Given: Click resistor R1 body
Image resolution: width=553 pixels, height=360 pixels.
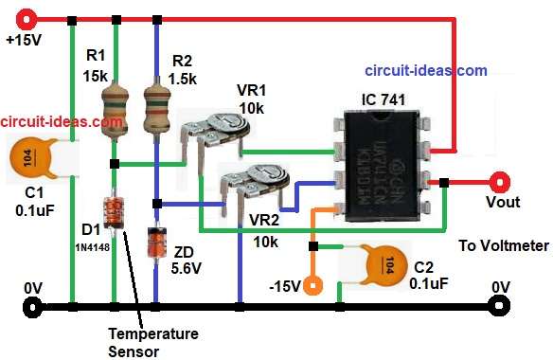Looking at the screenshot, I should (x=115, y=107).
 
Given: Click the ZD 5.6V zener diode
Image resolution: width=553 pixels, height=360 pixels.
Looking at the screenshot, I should (x=155, y=243).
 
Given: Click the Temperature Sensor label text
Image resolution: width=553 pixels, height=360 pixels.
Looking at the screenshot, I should (x=152, y=342).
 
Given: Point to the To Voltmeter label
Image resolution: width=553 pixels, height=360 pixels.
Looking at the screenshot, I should (x=503, y=245).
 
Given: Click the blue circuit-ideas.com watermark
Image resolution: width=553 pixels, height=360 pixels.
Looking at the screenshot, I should (x=426, y=70).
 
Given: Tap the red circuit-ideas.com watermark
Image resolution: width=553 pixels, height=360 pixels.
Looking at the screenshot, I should (x=62, y=122).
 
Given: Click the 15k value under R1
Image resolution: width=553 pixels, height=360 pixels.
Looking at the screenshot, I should (x=95, y=75).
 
